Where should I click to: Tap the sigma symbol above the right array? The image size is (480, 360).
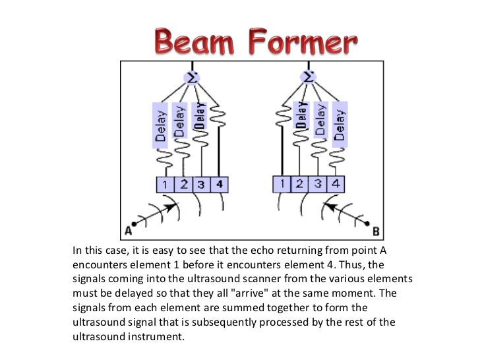pyautogui.click(x=307, y=78)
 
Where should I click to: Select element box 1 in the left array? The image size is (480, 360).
pyautogui.click(x=164, y=185)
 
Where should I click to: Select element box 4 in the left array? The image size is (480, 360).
pyautogui.click(x=219, y=185)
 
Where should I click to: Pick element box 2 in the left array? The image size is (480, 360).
pyautogui.click(x=183, y=185)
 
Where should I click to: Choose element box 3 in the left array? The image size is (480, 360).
pyautogui.click(x=201, y=185)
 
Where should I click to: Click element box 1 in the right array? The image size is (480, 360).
pyautogui.click(x=282, y=185)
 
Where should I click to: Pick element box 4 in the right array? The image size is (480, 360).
pyautogui.click(x=336, y=185)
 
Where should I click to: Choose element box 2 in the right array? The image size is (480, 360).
pyautogui.click(x=300, y=185)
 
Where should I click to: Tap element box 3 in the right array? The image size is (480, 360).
pyautogui.click(x=318, y=185)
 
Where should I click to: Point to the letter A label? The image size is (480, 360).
pyautogui.click(x=127, y=231)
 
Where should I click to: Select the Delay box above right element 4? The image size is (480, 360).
pyautogui.click(x=340, y=125)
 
